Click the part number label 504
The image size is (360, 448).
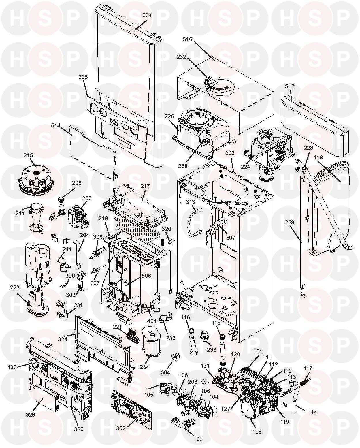tap(147, 15)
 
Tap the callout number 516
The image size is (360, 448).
tap(187, 39)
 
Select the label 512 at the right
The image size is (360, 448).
tap(290, 86)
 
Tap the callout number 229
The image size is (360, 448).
tap(290, 222)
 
